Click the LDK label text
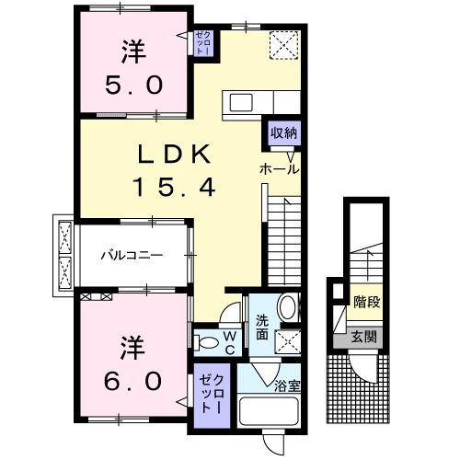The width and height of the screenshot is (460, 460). click(175, 154)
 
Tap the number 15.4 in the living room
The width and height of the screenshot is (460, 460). click(175, 188)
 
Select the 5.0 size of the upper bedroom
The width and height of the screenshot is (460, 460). click(133, 86)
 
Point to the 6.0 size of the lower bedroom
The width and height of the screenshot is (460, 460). click(133, 381)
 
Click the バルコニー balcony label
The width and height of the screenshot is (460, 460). click(132, 255)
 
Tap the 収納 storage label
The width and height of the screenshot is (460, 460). click(284, 133)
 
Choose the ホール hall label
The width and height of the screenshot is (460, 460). click(279, 169)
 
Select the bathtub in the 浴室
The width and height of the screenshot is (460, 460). click(270, 411)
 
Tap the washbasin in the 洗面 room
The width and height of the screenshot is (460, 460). click(287, 307)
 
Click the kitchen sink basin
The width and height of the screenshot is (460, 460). click(241, 102)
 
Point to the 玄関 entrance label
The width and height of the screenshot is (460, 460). click(363, 338)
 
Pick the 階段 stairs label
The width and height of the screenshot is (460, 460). click(367, 302)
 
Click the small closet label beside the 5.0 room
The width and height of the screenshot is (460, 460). click(203, 42)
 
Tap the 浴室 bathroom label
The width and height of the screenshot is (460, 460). click(287, 386)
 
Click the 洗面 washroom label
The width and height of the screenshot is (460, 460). click(262, 328)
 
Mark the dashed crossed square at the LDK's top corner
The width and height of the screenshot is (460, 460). click(283, 45)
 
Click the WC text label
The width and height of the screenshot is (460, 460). click(230, 343)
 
